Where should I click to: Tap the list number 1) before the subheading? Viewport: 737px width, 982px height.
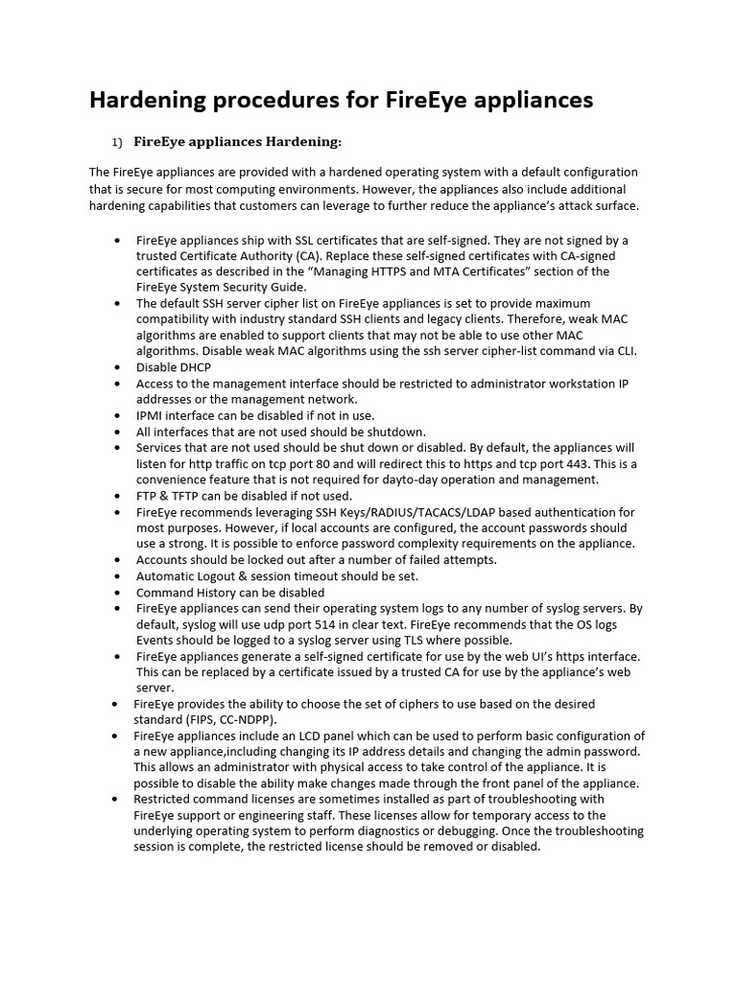point(116,143)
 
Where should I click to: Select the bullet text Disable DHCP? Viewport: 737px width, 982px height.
point(174,367)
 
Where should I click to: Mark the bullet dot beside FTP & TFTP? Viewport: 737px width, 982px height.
point(116,496)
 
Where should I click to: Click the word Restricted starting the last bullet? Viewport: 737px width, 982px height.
point(163,799)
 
